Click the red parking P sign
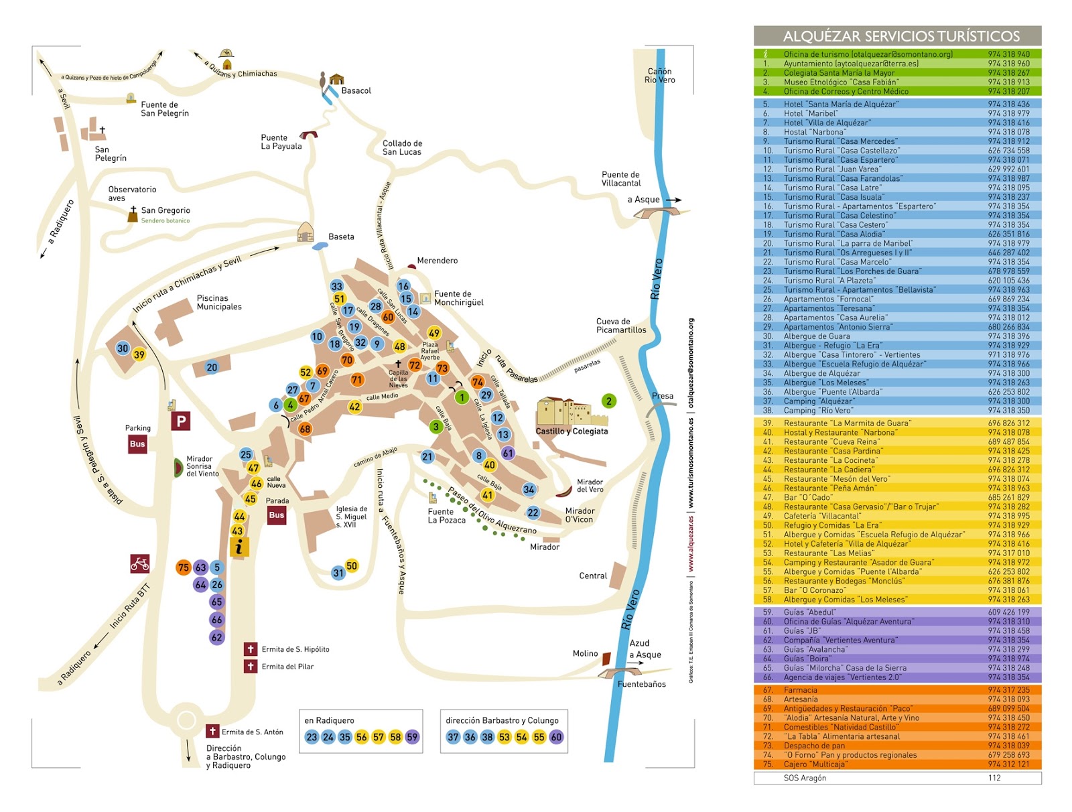click(x=180, y=421)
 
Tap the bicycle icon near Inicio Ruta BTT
click(x=139, y=563)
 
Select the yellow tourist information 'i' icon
click(x=239, y=547)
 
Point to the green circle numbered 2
click(x=608, y=401)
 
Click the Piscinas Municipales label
click(x=219, y=302)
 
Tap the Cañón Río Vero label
click(x=659, y=76)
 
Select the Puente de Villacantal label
click(x=620, y=179)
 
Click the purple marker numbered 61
click(x=508, y=454)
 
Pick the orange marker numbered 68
click(x=305, y=429)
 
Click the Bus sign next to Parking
click(x=137, y=444)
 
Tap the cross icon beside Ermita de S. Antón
click(x=212, y=731)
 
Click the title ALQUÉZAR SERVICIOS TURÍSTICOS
click(x=901, y=36)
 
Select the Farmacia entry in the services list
click(x=801, y=689)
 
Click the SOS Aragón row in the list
click(x=805, y=778)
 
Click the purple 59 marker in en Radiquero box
click(x=412, y=737)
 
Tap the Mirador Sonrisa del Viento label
click(x=202, y=466)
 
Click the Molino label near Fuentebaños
click(x=585, y=653)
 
